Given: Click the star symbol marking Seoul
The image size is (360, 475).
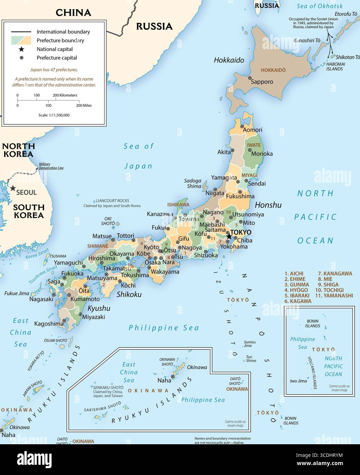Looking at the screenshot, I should [13, 188].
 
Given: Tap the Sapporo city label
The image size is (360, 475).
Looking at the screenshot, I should [262, 82].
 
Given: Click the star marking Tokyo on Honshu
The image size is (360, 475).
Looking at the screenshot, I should [229, 236].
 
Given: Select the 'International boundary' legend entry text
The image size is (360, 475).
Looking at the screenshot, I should [63, 32].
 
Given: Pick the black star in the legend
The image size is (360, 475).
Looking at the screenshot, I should [21, 49].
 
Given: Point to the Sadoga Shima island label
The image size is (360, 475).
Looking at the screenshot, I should [193, 184].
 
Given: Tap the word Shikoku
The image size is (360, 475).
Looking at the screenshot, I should [129, 295].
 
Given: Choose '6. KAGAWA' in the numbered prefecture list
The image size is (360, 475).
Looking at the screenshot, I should [298, 301].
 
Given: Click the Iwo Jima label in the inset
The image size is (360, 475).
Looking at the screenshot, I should [298, 381].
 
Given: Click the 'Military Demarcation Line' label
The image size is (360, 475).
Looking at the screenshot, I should [51, 166].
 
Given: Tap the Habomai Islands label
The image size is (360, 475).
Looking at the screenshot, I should [334, 66].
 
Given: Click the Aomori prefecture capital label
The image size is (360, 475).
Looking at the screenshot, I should [252, 130].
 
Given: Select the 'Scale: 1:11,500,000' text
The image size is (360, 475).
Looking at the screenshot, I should [54, 115].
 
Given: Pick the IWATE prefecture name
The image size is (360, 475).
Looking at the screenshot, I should [254, 145].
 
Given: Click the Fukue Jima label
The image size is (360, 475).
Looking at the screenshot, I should [16, 293].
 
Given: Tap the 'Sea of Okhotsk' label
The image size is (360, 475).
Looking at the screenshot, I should [319, 6].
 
